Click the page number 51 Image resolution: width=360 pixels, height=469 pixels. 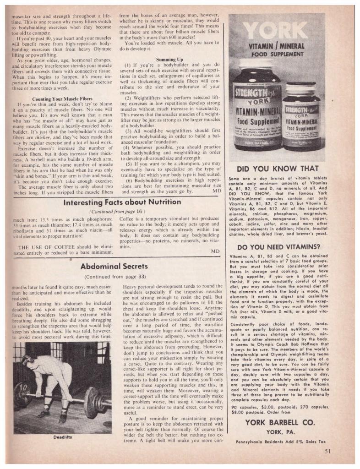click(327, 450)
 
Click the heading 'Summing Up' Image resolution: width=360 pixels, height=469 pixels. click(169, 60)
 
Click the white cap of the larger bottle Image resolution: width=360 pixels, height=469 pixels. click(256, 65)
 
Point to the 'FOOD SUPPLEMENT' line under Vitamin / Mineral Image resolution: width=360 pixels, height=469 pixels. click(277, 53)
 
